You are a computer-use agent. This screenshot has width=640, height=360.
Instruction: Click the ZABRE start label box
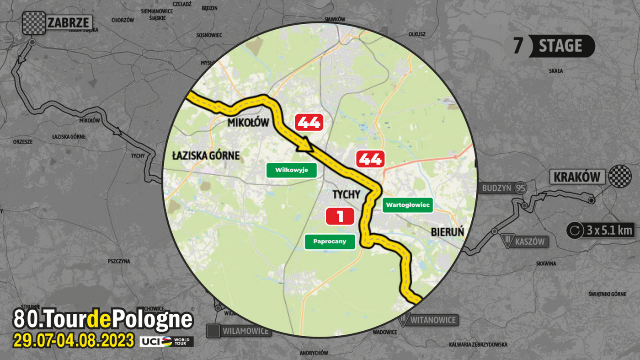tap(69, 22)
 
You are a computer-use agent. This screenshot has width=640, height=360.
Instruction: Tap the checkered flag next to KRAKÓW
tap(620, 176)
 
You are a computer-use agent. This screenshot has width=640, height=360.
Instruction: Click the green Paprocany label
tap(330, 242)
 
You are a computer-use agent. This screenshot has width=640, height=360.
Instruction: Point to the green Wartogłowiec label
tap(407, 205)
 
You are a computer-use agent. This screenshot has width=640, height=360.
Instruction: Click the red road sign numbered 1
tap(340, 216)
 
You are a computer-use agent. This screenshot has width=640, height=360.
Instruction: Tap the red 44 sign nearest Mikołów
tap(309, 123)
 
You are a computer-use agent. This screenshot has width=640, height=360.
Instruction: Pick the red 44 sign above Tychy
tap(370, 159)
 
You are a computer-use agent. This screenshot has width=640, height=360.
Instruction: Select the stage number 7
tap(517, 47)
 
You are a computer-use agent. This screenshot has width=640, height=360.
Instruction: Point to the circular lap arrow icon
tap(575, 230)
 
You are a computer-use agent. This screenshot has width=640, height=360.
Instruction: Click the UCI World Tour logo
tap(166, 341)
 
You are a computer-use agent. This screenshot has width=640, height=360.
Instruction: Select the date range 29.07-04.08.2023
tap(74, 341)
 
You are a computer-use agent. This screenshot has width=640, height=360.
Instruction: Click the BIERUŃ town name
tap(447, 232)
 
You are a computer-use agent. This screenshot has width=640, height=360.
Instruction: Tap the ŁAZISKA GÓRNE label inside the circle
tap(206, 156)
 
